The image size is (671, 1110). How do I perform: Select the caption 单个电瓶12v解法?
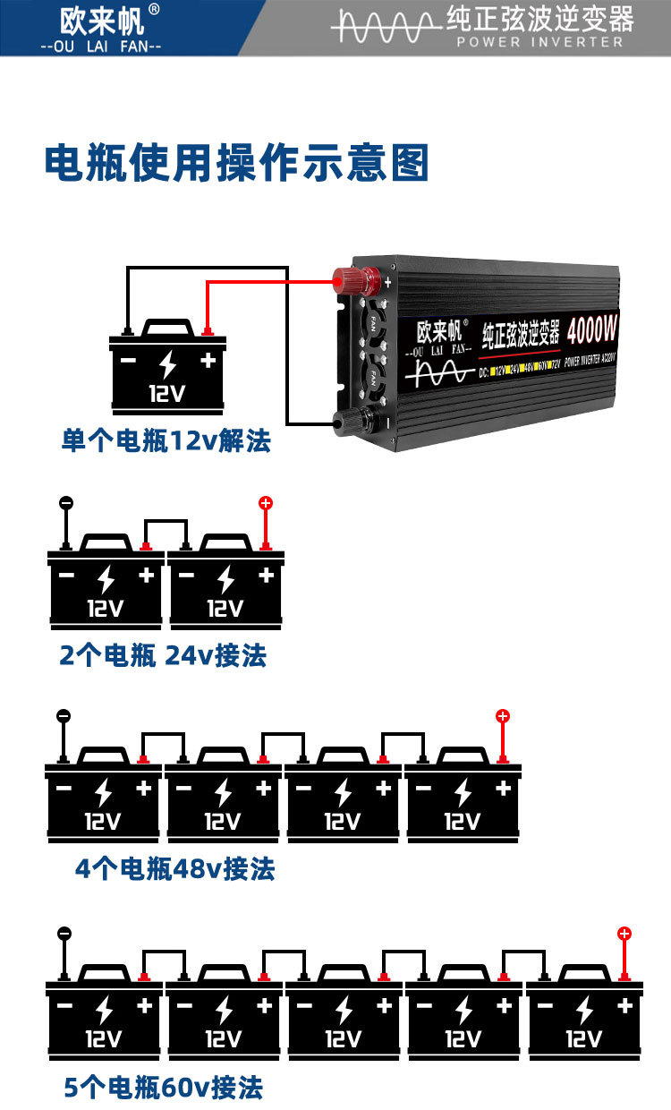coord(166,440)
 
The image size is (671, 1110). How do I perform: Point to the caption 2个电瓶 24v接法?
coord(163,655)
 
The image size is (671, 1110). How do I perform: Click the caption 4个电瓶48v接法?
coord(175,868)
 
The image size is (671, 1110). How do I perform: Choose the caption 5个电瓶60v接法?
coord(164,1088)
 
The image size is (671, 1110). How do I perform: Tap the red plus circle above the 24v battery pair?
coord(265,503)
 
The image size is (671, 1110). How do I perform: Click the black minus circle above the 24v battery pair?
coord(65,503)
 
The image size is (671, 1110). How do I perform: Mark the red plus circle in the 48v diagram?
coord(503,716)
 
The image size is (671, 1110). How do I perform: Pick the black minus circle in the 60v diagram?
coord(64,934)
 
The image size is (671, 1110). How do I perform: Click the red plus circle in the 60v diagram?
coord(624,934)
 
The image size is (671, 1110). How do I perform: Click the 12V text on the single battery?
coord(167,394)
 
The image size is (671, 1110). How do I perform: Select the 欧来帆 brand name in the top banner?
coord(101,20)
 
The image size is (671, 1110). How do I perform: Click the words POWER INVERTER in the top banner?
coord(539,42)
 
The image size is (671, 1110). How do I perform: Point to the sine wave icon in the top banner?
coord(385,27)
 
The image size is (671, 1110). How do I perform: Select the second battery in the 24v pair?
coord(226,586)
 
